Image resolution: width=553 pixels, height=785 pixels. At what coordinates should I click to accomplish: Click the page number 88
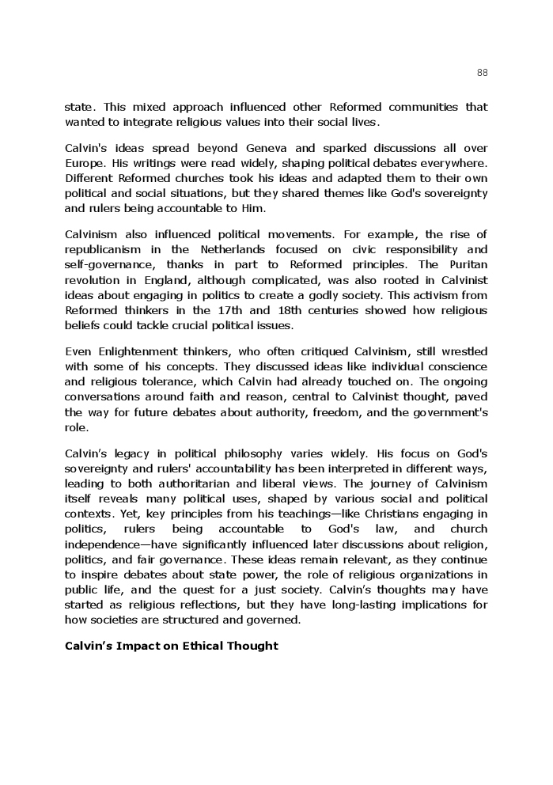(482, 73)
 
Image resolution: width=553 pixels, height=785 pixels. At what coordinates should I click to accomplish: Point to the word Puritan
(467, 264)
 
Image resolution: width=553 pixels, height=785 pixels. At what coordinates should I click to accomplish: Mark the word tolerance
(165, 381)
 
